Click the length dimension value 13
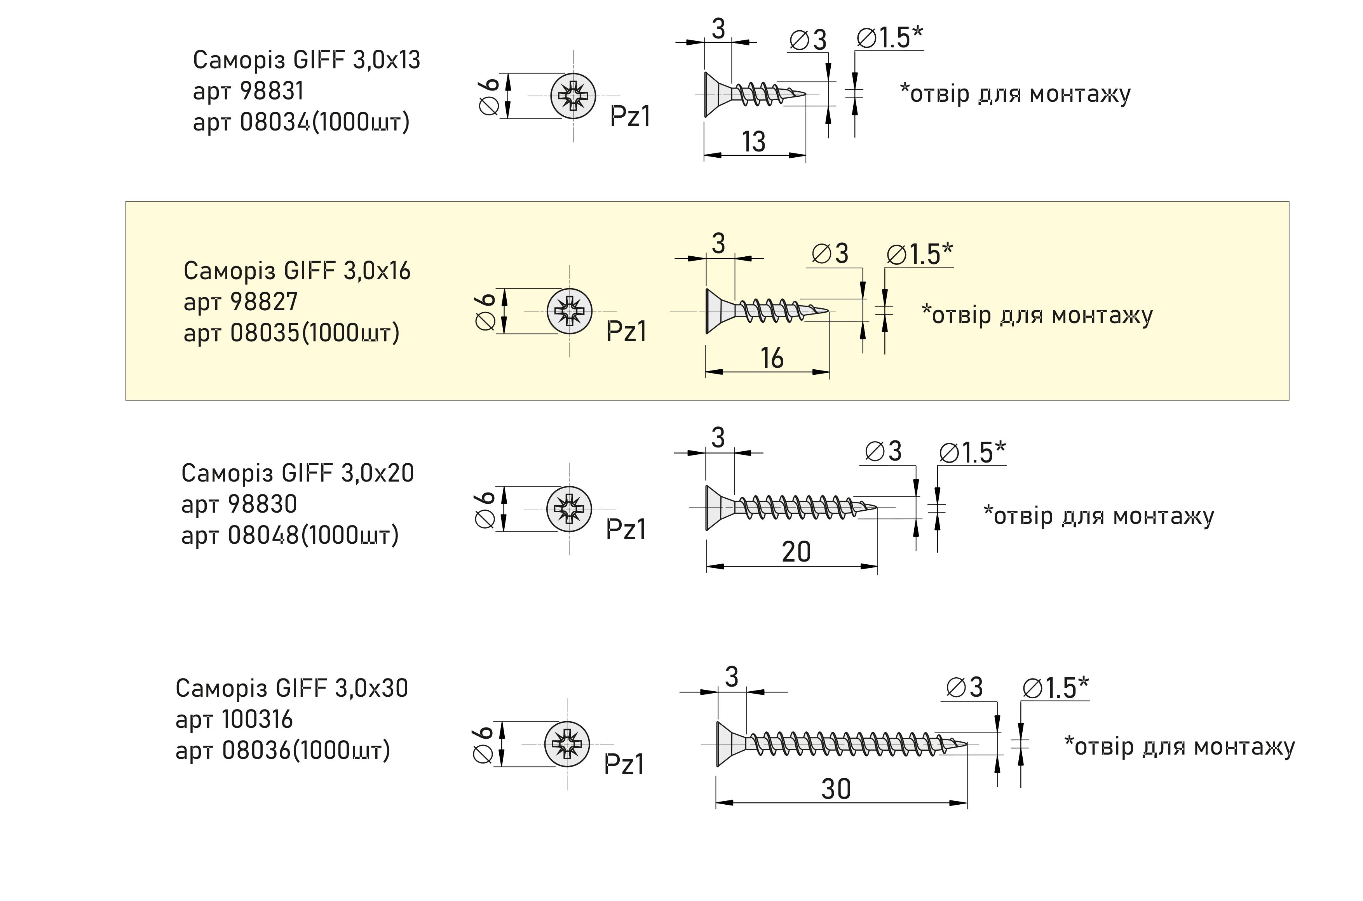pos(754,142)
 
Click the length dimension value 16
pos(772,358)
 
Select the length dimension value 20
pos(796,552)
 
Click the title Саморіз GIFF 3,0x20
pos(297,473)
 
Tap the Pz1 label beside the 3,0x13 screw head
pos(630,117)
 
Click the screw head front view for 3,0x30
pos(567,744)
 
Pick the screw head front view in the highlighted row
pos(569,311)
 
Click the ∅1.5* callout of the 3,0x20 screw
pos(972,452)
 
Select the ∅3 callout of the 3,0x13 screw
pos(808,40)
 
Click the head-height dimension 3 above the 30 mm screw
pos(731,677)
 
